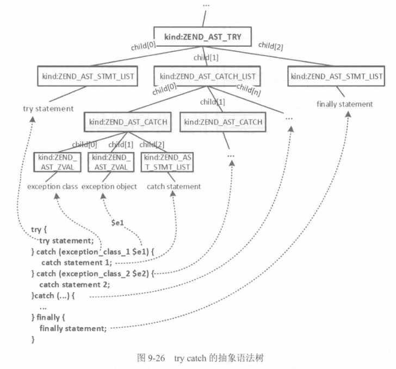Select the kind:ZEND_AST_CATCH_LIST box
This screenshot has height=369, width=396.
207,76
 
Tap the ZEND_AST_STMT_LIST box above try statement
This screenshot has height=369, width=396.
87,76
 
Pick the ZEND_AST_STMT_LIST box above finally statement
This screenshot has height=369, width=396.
337,76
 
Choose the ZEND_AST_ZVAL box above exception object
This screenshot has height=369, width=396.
109,162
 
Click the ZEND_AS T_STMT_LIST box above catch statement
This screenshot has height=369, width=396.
168,162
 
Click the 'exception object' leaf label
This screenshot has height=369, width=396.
109,186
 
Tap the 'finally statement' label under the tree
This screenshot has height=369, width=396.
344,104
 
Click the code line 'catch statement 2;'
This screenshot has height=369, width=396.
75,284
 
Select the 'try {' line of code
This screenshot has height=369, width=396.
40,230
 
